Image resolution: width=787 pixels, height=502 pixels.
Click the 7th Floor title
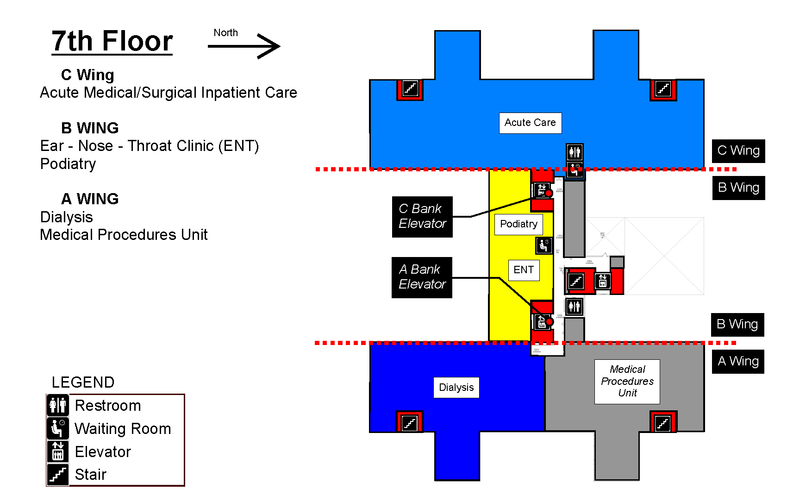tap(112, 41)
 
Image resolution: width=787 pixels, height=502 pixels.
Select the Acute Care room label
tap(530, 123)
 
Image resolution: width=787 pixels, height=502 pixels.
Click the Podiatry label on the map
tap(518, 224)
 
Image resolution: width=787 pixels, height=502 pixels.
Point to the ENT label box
tap(524, 270)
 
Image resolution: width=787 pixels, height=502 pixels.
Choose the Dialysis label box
tap(456, 388)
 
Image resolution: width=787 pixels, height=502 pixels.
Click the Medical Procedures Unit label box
tap(627, 381)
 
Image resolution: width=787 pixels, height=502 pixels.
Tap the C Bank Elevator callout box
tap(422, 217)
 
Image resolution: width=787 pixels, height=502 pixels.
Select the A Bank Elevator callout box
tap(422, 277)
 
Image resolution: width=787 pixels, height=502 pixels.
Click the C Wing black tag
tap(738, 151)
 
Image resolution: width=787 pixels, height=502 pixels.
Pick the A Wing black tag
tap(738, 362)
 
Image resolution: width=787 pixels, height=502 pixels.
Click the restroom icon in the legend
tap(58, 405)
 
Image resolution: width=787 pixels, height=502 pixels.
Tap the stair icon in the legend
tap(58, 475)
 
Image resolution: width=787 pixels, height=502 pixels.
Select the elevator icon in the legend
tap(58, 452)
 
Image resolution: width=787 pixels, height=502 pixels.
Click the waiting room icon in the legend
tap(58, 428)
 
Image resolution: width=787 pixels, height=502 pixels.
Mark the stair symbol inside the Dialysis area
tap(409, 422)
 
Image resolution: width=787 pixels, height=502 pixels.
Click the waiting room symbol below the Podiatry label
tap(544, 245)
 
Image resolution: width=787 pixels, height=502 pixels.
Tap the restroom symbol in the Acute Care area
tap(575, 152)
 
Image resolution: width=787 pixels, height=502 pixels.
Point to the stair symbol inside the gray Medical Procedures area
tap(662, 422)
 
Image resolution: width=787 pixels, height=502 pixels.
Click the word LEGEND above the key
tap(83, 383)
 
